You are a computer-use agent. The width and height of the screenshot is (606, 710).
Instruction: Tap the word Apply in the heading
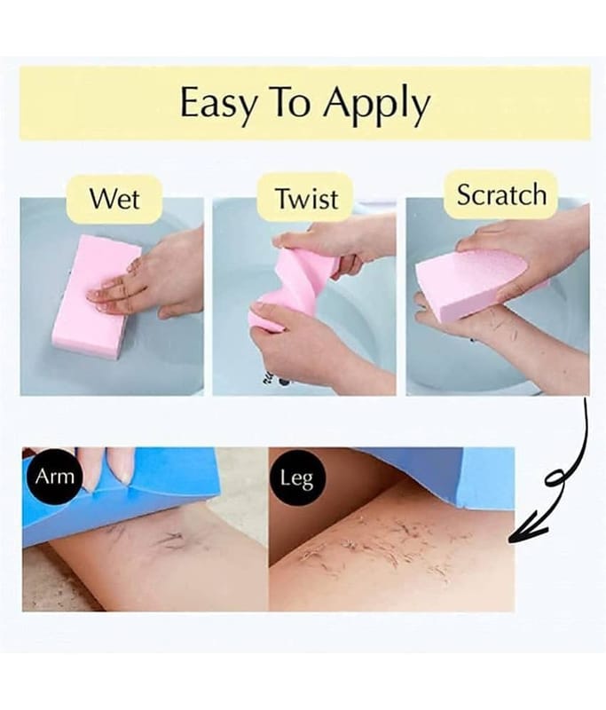click(x=375, y=104)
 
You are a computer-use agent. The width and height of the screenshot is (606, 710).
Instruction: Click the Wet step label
click(x=114, y=198)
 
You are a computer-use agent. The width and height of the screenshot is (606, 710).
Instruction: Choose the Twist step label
click(x=307, y=198)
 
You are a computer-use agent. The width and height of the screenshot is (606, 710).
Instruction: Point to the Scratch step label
click(x=501, y=195)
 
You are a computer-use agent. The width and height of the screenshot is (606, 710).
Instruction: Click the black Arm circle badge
click(x=54, y=477)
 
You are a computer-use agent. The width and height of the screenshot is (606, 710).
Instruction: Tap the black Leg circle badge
click(x=296, y=477)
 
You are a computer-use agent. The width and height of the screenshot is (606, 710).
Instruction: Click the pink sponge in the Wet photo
click(x=97, y=296)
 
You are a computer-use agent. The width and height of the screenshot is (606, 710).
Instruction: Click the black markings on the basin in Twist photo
click(x=277, y=379)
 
